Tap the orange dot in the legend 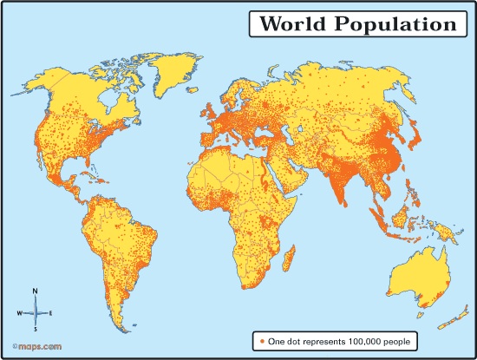[x=259, y=341]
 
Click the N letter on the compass [x=34, y=291]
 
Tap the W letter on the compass [x=19, y=311]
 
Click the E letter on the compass [x=50, y=311]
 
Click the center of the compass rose [x=35, y=311]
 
